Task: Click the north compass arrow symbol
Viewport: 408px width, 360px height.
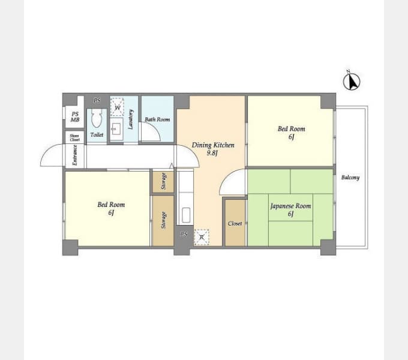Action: (351, 80)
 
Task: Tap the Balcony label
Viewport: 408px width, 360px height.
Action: (350, 178)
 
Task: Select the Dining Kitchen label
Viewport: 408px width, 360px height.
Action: (212, 145)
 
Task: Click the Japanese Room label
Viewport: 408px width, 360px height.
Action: (290, 206)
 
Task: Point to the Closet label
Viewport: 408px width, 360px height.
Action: (235, 223)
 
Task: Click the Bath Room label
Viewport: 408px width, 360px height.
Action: (157, 119)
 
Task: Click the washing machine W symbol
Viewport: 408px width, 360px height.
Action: (118, 108)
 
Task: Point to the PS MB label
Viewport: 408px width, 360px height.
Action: (75, 117)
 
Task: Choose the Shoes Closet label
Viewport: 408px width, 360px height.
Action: (75, 137)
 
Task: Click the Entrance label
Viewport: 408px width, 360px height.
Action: (75, 155)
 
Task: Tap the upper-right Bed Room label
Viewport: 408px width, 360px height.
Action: (291, 128)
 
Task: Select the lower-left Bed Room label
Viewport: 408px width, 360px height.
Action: (111, 205)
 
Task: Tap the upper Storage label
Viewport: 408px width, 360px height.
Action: (163, 182)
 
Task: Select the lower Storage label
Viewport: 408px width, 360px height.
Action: (163, 220)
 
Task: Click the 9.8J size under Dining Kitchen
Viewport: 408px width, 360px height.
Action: (212, 153)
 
